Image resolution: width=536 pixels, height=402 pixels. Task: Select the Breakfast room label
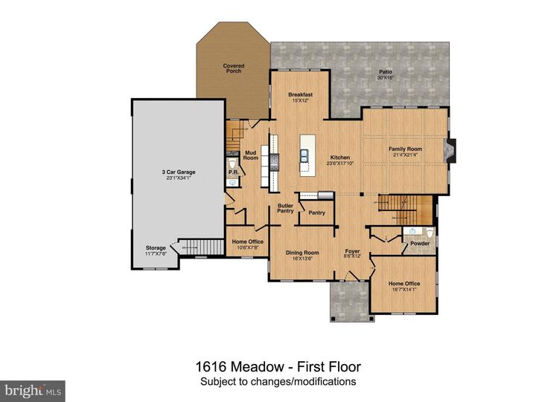300,94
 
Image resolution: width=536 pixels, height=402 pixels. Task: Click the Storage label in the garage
156,248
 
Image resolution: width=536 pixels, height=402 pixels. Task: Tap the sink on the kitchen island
306,155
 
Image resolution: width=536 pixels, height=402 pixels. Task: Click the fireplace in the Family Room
447,152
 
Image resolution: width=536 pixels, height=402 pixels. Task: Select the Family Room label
406,149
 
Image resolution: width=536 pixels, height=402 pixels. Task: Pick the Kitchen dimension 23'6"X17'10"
340,163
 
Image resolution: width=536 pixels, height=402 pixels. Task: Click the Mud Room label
251,155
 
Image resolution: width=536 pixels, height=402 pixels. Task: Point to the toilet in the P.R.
232,163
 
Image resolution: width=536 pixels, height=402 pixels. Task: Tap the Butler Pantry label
285,208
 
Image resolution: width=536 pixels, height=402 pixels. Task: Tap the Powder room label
420,243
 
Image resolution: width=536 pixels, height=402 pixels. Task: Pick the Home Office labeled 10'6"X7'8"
246,242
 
